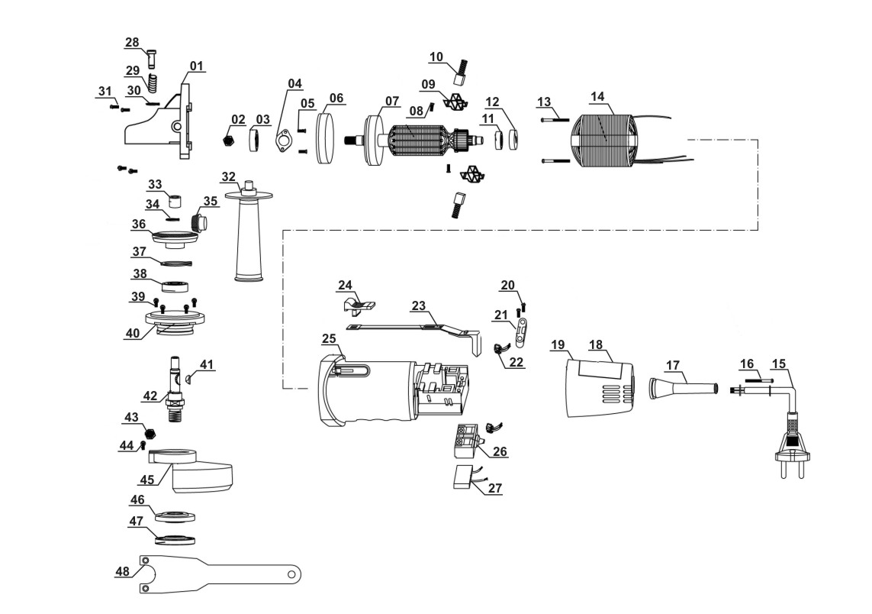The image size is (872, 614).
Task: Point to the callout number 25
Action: pyautogui.click(x=329, y=338)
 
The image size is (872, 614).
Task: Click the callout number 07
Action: pyautogui.click(x=391, y=100)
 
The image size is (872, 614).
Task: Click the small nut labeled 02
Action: pyautogui.click(x=227, y=141)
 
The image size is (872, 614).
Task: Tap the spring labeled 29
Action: pyautogui.click(x=153, y=82)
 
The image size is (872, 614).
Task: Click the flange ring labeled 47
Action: pyautogui.click(x=174, y=540)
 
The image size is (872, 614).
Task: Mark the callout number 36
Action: pyautogui.click(x=138, y=224)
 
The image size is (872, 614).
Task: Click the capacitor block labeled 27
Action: pyautogui.click(x=462, y=477)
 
